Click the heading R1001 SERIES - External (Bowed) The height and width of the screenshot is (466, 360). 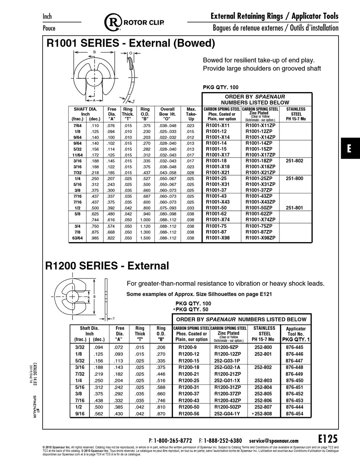[131, 43]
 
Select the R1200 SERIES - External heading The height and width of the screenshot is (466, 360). [107, 266]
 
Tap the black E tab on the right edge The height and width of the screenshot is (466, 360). [350, 148]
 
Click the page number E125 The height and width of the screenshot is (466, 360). [328, 439]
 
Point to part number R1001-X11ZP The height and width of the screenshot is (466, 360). [260, 126]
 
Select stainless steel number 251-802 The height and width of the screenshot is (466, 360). [294, 161]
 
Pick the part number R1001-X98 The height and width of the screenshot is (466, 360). [218, 238]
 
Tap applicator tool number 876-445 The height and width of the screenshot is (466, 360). [294, 347]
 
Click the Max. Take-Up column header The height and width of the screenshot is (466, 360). [191, 114]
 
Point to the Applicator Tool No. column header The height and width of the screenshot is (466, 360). [296, 334]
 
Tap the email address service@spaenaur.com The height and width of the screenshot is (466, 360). [274, 441]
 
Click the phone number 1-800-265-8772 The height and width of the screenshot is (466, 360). [173, 441]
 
